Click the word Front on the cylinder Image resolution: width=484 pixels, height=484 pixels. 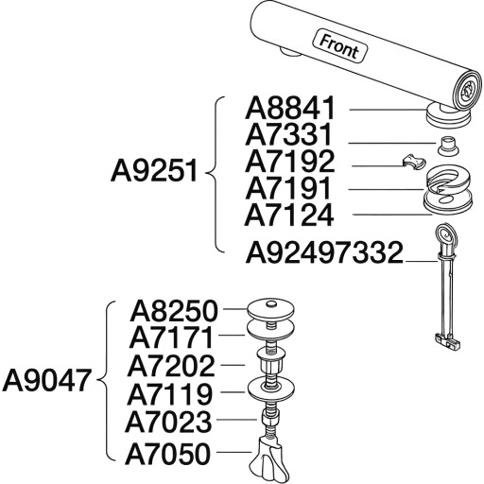[x=339, y=47]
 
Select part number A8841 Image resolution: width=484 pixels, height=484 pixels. [x=289, y=108]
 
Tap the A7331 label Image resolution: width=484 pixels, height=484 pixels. [x=288, y=135]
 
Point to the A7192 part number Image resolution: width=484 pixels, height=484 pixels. [x=289, y=162]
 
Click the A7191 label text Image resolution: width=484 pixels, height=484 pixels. [x=288, y=188]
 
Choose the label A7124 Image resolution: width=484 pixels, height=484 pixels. [x=289, y=215]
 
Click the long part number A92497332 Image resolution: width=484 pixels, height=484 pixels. [x=324, y=252]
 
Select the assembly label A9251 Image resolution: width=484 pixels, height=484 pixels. [x=154, y=171]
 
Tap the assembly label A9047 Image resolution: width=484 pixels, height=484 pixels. [x=46, y=380]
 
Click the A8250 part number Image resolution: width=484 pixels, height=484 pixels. [x=174, y=311]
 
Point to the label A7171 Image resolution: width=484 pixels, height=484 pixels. [x=171, y=337]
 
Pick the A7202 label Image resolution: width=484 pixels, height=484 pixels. [x=171, y=366]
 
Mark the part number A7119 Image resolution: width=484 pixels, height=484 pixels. [x=170, y=393]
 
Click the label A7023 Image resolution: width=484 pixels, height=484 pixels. [x=168, y=421]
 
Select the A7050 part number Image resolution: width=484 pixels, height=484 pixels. [x=168, y=454]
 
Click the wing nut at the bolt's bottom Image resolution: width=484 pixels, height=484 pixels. [x=268, y=460]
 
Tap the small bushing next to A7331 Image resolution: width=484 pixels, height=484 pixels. [x=448, y=146]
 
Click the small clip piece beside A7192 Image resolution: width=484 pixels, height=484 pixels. [x=413, y=161]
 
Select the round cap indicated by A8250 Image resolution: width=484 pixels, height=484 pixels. [x=270, y=310]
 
